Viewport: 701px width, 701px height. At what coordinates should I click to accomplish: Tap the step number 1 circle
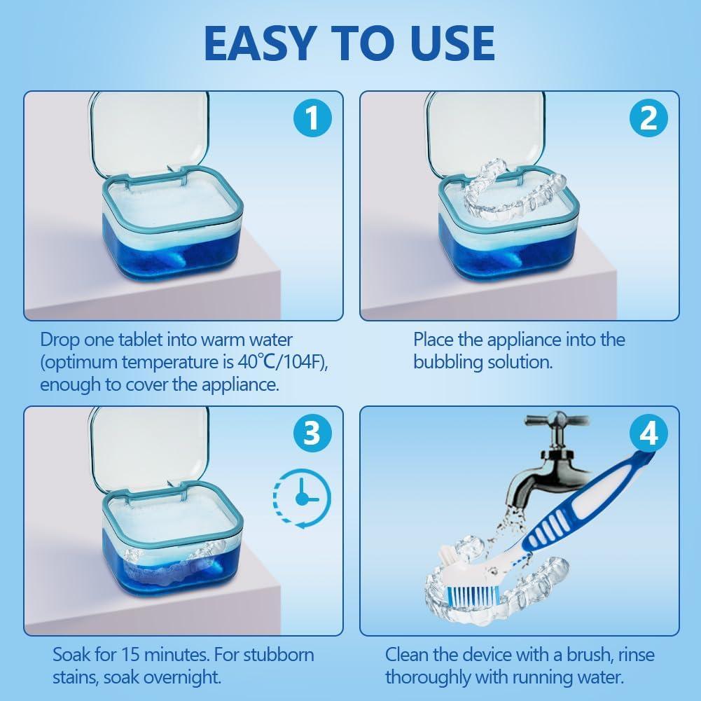click(311, 118)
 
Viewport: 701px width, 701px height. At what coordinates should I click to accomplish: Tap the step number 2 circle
click(648, 118)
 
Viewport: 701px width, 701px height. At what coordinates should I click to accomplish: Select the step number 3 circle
click(311, 433)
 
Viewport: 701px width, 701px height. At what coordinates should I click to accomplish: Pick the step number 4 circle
click(648, 433)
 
